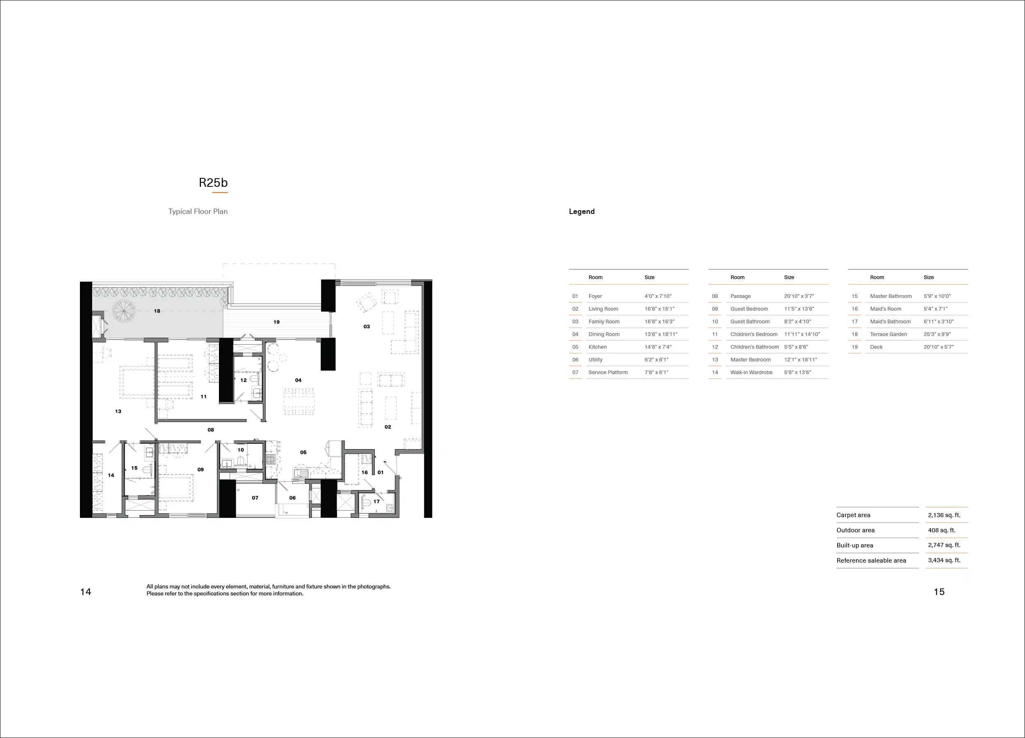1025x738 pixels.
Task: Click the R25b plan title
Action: click(x=213, y=182)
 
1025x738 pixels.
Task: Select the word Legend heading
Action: click(x=582, y=211)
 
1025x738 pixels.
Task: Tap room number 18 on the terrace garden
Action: click(x=157, y=311)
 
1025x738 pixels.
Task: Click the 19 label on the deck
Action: click(x=276, y=322)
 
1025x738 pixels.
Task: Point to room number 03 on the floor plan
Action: click(x=367, y=326)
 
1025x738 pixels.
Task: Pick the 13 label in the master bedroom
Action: click(x=118, y=411)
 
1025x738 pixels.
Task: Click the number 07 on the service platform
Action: click(x=255, y=498)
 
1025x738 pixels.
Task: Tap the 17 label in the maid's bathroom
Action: click(x=376, y=501)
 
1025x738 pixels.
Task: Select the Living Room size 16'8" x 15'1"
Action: click(x=659, y=309)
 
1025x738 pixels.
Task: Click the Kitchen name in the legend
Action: click(x=597, y=347)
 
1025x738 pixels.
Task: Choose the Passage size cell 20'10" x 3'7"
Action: click(x=799, y=296)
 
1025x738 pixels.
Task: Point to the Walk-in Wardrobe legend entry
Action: click(x=751, y=372)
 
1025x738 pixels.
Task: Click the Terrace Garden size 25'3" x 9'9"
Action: click(x=937, y=334)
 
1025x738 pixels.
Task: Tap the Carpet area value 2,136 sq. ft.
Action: click(x=944, y=515)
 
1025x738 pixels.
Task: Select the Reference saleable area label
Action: click(x=871, y=561)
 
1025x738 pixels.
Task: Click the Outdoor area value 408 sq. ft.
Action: click(x=941, y=530)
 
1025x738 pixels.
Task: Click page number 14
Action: click(x=85, y=592)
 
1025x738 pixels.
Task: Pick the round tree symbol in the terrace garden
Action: click(x=123, y=311)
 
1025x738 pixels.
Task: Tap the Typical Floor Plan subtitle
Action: click(x=198, y=211)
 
